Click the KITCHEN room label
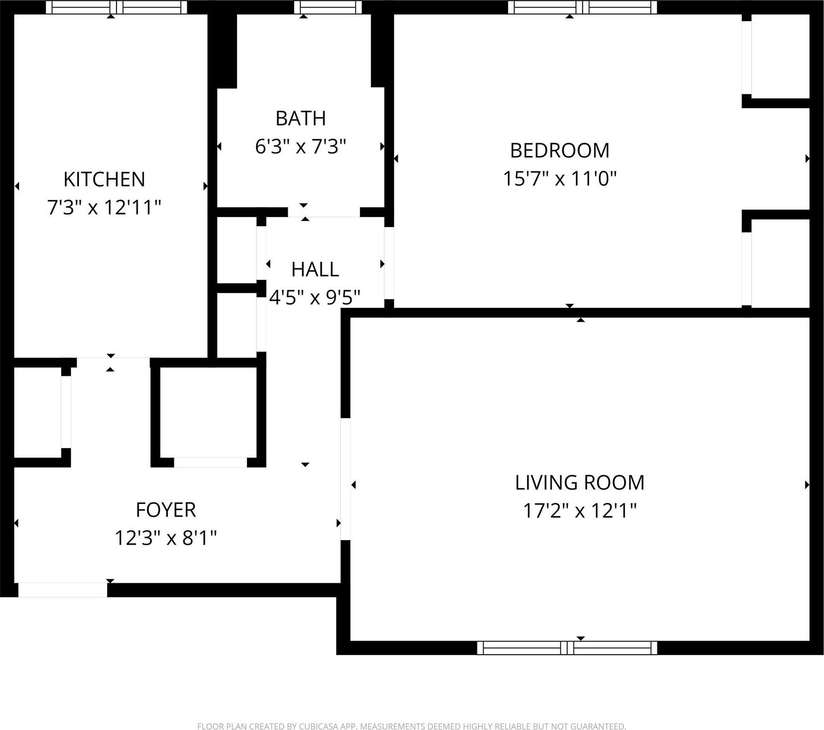coord(104,179)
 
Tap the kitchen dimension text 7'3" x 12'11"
coord(104,207)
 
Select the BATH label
coord(300,119)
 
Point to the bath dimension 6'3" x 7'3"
coord(300,147)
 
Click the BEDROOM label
coord(559,151)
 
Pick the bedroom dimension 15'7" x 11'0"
coord(559,179)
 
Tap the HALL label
coord(315,270)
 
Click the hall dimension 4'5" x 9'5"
coord(315,298)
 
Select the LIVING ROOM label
coord(579,483)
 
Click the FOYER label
coord(166,510)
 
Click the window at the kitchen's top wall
coord(116,7)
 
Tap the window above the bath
coord(327,7)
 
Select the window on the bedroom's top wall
coord(582,7)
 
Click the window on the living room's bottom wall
coord(567,648)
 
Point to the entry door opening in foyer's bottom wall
coord(63,590)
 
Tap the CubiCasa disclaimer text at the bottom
coord(411,726)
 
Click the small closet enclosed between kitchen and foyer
coord(208,412)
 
